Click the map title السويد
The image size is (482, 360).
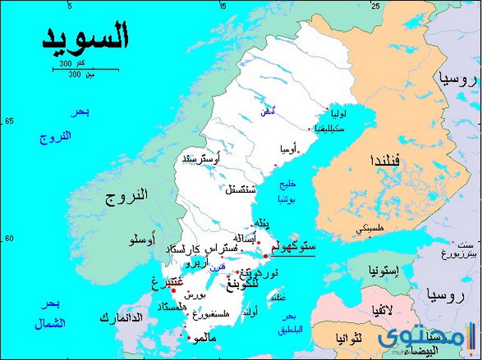[84, 35]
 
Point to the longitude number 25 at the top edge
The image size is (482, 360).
[375, 5]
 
